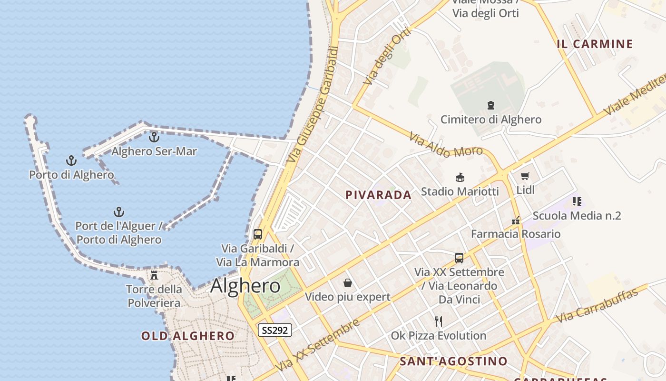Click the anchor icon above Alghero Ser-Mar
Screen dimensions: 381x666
(x=154, y=137)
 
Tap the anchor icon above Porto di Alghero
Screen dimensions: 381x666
(x=71, y=160)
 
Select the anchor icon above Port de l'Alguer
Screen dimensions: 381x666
(x=118, y=212)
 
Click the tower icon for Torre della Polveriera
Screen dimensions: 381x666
(x=154, y=275)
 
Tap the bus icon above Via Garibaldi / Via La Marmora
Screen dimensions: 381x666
(x=258, y=234)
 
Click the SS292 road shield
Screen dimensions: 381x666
(x=275, y=330)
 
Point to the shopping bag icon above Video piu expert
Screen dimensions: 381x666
(x=348, y=283)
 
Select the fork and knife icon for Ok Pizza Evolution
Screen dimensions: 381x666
(x=439, y=321)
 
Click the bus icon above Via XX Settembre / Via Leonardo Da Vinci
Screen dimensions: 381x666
(x=459, y=258)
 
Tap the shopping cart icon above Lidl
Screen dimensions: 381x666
(x=525, y=176)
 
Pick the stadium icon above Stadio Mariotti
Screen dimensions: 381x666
(x=460, y=177)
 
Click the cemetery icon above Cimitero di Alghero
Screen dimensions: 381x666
(x=491, y=105)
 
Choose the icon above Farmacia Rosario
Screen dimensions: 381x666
(x=515, y=220)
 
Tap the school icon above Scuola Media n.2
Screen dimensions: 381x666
(x=577, y=201)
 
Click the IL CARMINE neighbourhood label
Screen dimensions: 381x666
(x=595, y=44)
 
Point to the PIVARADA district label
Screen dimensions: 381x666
(x=378, y=195)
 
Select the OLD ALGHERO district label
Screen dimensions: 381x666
(x=188, y=336)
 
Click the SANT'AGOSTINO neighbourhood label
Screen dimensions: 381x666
(x=453, y=361)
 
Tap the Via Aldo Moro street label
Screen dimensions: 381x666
(x=446, y=145)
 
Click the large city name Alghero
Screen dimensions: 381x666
(x=245, y=286)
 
